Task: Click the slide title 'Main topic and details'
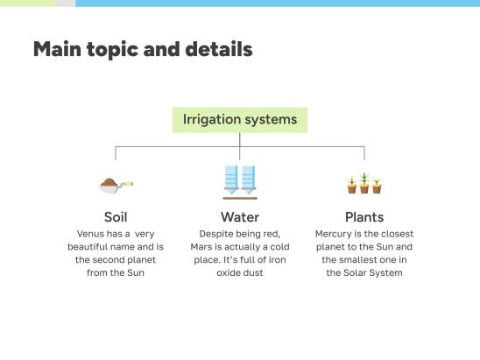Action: click(x=143, y=50)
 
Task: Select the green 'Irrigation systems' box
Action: click(x=240, y=119)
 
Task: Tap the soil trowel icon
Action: click(x=115, y=184)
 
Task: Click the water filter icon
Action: click(x=240, y=181)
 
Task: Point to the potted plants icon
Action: click(x=364, y=183)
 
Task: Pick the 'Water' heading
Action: click(x=240, y=216)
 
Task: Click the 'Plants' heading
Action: click(x=364, y=216)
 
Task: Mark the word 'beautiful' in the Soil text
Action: click(x=92, y=247)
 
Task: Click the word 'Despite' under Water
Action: click(x=218, y=234)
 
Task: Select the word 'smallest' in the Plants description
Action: click(x=361, y=259)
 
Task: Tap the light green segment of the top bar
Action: click(x=27, y=4)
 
